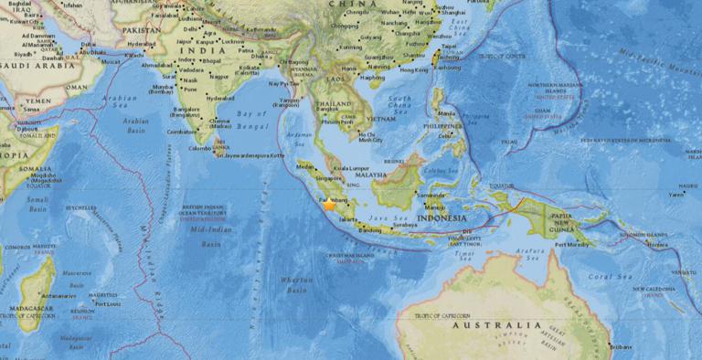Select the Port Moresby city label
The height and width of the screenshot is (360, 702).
coord(574,244)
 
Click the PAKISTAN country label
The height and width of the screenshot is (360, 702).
coord(137,30)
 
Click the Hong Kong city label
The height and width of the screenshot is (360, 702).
coord(413,69)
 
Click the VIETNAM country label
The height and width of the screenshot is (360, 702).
coord(378,118)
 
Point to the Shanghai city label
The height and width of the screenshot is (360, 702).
coord(454,13)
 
